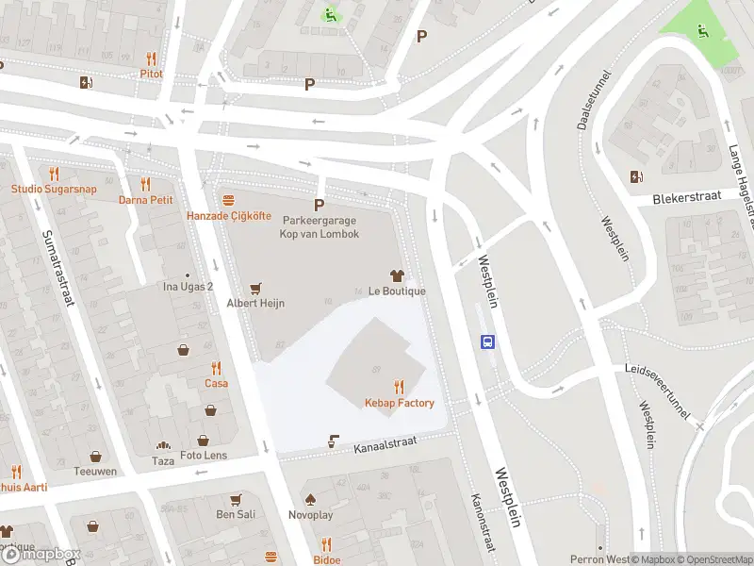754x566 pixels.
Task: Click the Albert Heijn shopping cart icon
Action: tap(254, 288)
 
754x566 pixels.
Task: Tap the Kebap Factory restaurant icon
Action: tap(400, 387)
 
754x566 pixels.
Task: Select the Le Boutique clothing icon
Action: tap(397, 275)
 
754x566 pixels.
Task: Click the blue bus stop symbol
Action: tap(488, 342)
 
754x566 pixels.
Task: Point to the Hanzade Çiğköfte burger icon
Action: tap(228, 201)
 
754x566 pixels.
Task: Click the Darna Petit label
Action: tap(146, 200)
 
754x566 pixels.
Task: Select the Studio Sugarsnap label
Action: tap(54, 189)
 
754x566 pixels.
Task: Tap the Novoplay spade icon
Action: tap(309, 499)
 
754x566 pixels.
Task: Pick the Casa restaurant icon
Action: tap(217, 368)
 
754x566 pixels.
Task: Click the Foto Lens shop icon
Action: tap(203, 441)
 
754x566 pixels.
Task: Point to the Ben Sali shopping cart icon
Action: tap(236, 499)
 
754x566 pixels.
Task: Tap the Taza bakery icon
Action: tap(163, 445)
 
